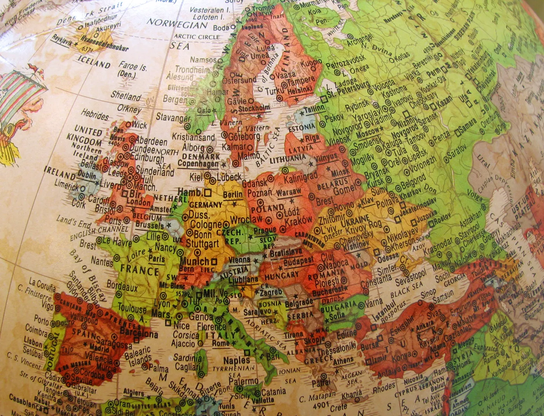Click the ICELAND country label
point(94,62)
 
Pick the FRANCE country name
point(139,269)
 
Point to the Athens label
point(343,361)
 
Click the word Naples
point(237,360)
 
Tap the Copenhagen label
point(198,164)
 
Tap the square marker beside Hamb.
point(208,192)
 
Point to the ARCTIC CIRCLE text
point(197,37)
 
